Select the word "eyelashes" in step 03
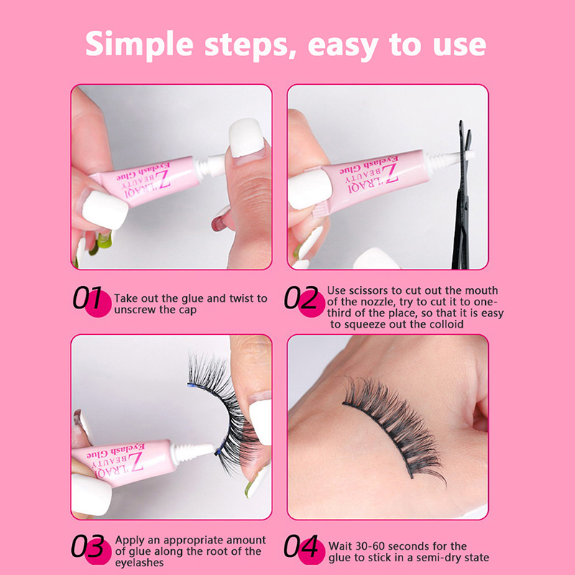[139, 563]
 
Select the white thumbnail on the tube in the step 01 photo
[104, 209]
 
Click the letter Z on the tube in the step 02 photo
[390, 173]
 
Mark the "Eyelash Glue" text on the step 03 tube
[116, 452]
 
